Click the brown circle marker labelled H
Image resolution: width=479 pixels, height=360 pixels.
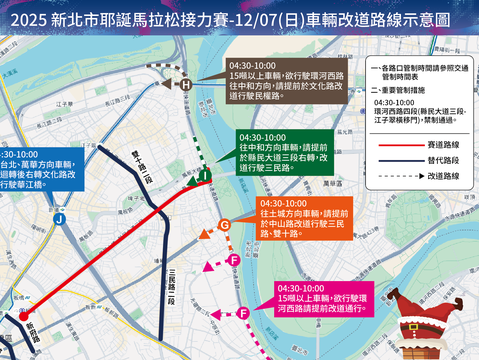(185, 86)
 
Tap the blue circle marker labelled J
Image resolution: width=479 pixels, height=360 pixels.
(61, 219)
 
